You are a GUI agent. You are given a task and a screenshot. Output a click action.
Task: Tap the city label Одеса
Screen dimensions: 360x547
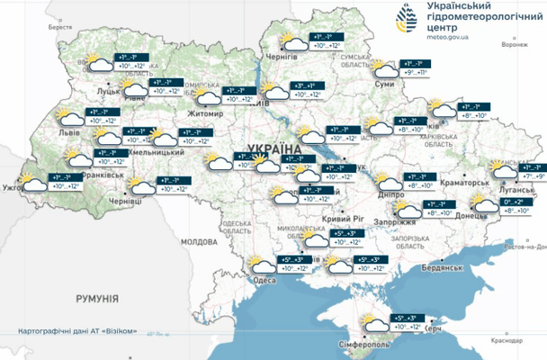[265, 280]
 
